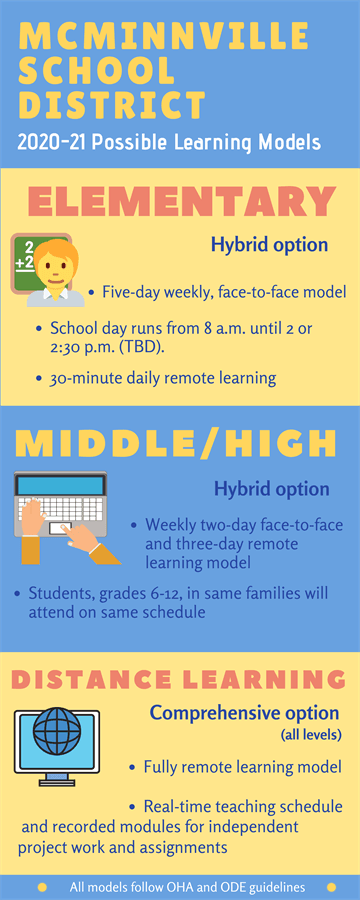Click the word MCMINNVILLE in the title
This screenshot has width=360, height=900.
tap(164, 36)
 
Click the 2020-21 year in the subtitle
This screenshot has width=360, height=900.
tap(52, 142)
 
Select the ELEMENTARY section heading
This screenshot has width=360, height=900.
tap(181, 201)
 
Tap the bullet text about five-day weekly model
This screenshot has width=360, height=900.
tap(224, 293)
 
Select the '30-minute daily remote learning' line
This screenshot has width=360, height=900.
tap(163, 378)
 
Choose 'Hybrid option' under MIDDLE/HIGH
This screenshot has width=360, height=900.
tap(272, 489)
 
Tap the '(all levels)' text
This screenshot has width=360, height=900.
tap(311, 735)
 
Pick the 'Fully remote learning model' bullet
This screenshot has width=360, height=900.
tap(243, 766)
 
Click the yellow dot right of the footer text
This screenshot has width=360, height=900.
tap(331, 887)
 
